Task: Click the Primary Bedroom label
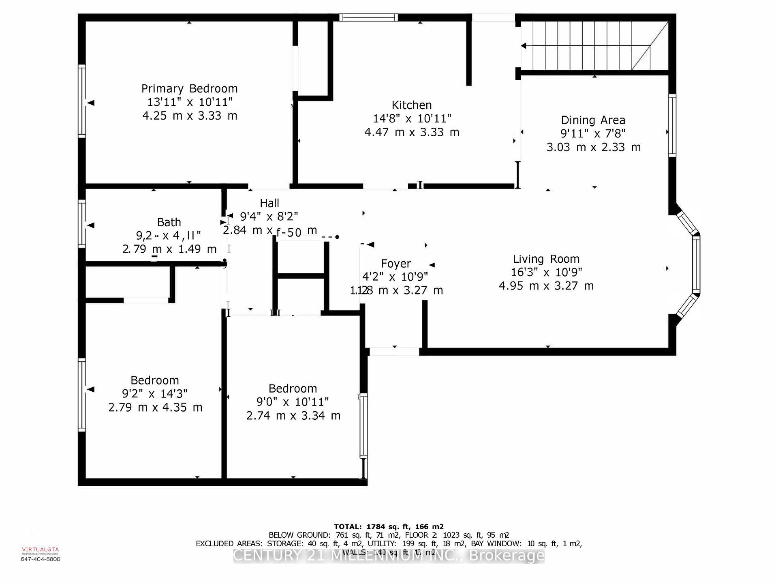[x=189, y=88]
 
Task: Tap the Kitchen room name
[x=411, y=105]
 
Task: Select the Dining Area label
[x=593, y=120]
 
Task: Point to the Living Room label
[x=546, y=259]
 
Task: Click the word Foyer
[x=396, y=264]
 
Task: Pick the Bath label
[x=169, y=222]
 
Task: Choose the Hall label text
[x=269, y=203]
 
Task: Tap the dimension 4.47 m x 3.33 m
[x=412, y=132]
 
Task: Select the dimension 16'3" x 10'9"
[x=546, y=272]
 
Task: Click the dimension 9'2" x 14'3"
[x=154, y=394]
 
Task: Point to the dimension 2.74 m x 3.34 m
[x=293, y=416]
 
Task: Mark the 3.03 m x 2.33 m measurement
[x=593, y=147]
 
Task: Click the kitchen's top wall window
[x=368, y=17]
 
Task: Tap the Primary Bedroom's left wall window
[x=82, y=101]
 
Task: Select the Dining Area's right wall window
[x=672, y=125]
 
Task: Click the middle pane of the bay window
[x=696, y=264]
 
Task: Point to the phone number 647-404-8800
[x=40, y=559]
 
